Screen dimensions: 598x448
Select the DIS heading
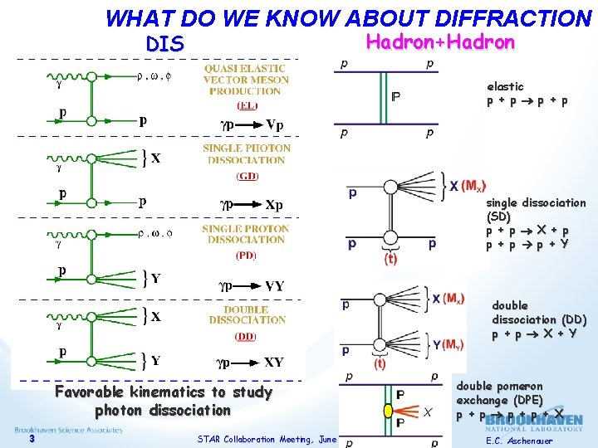pyautogui.click(x=164, y=43)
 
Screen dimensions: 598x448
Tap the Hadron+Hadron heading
pyautogui.click(x=439, y=42)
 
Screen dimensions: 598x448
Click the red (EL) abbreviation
pyautogui.click(x=246, y=105)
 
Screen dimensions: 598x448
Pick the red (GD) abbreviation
pyautogui.click(x=246, y=175)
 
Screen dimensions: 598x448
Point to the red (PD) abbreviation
pyautogui.click(x=246, y=255)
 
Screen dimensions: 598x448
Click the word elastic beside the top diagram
pyautogui.click(x=505, y=86)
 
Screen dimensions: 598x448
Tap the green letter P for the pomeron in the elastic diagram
pyautogui.click(x=395, y=97)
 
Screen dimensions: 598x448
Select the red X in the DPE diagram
pyautogui.click(x=427, y=412)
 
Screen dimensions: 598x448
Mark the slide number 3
pyautogui.click(x=31, y=439)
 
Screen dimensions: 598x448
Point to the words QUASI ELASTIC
pyautogui.click(x=246, y=69)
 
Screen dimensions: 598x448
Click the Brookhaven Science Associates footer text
pyautogui.click(x=68, y=430)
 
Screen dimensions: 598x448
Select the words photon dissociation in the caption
pyautogui.click(x=162, y=410)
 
